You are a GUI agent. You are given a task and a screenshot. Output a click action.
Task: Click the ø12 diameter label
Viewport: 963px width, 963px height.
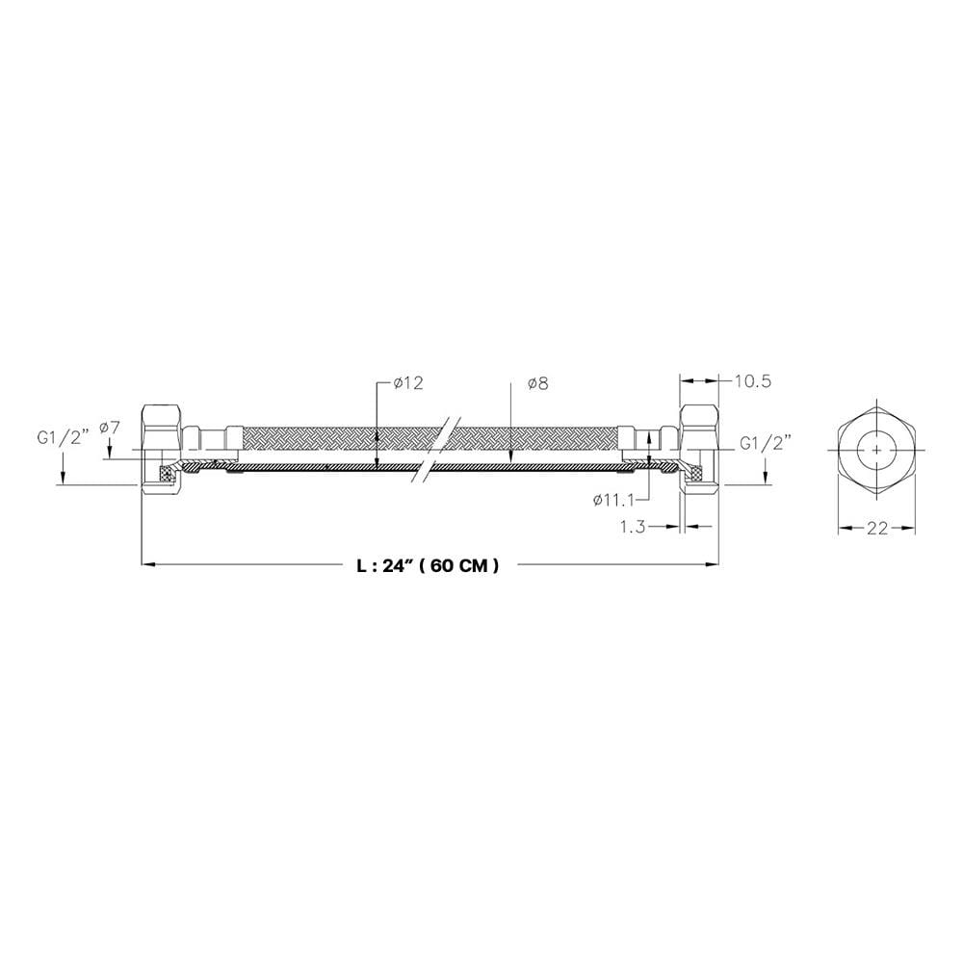click(409, 383)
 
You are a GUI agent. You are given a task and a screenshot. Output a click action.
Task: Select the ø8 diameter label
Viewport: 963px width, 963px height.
click(537, 384)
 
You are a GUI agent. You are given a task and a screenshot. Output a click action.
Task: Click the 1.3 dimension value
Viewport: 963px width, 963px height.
click(632, 527)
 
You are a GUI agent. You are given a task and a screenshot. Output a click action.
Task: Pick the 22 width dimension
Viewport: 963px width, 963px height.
click(877, 528)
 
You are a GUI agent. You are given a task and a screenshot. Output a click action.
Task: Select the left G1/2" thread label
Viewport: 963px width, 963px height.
click(64, 438)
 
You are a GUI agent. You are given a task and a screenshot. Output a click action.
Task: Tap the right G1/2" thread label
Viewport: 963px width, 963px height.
click(766, 443)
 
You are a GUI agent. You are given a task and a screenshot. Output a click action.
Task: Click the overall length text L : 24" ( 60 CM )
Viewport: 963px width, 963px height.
click(429, 565)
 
